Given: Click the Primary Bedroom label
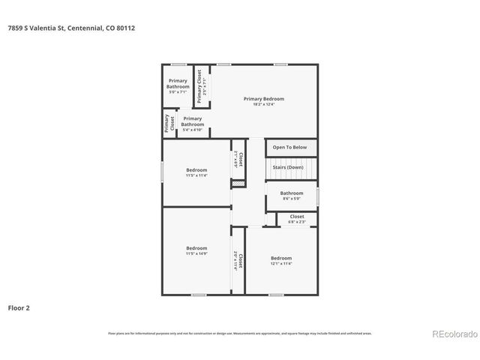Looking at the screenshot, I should coord(264,98).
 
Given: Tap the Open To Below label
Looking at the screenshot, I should coord(289,148).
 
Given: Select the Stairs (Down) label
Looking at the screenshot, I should coord(287,167).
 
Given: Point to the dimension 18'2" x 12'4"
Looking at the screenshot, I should coord(264,104).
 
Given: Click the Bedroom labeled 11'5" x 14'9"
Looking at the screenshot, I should coord(196,248).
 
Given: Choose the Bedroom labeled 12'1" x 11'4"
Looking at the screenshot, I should coord(281,258).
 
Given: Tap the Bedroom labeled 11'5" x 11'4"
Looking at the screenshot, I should coord(196,170).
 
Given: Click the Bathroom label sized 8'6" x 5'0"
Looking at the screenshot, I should coord(292,193).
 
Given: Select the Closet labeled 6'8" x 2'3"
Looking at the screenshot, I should coord(297,217).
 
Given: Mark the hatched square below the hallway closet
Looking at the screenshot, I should coord(238,184).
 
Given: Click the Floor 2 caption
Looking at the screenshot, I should coord(19,307).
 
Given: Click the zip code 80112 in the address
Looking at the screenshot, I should coord(125,28).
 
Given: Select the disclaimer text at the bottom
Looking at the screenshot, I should coord(240,333).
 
